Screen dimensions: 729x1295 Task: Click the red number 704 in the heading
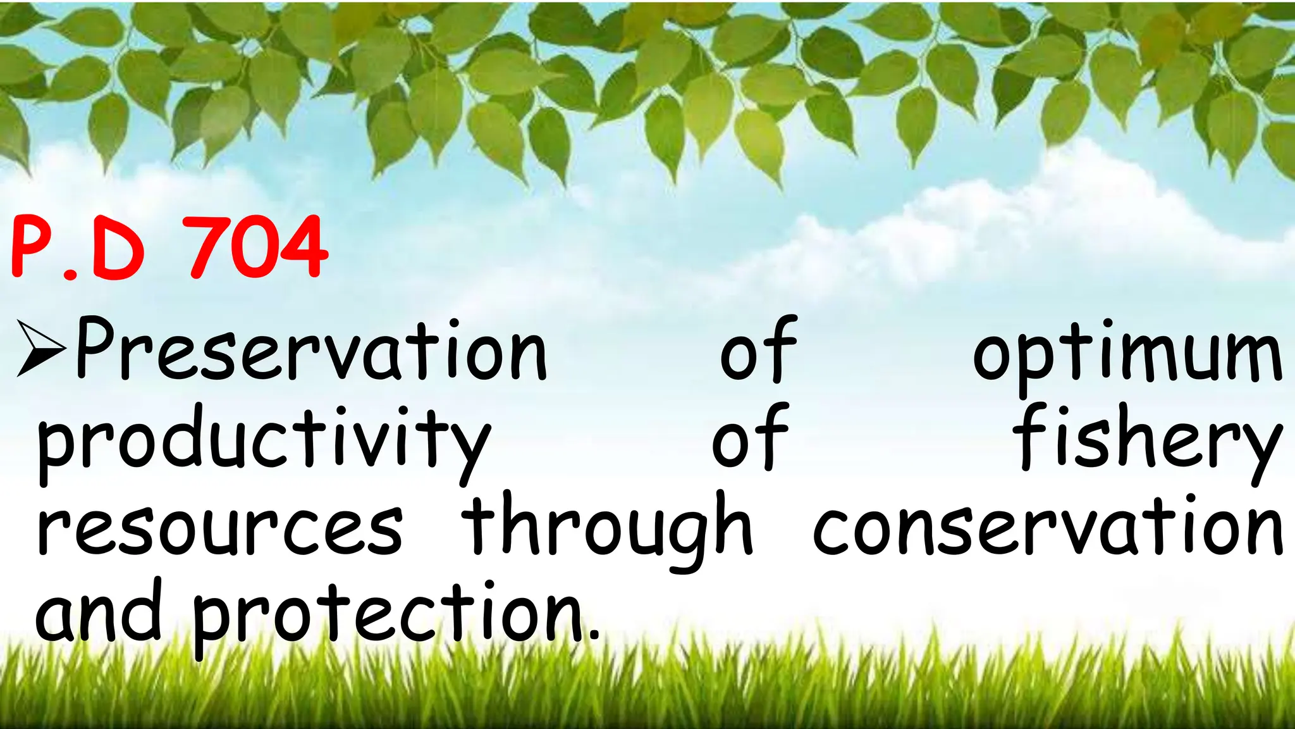(x=259, y=247)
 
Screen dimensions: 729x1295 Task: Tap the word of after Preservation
(x=758, y=349)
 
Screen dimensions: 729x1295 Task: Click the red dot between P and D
(x=71, y=273)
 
